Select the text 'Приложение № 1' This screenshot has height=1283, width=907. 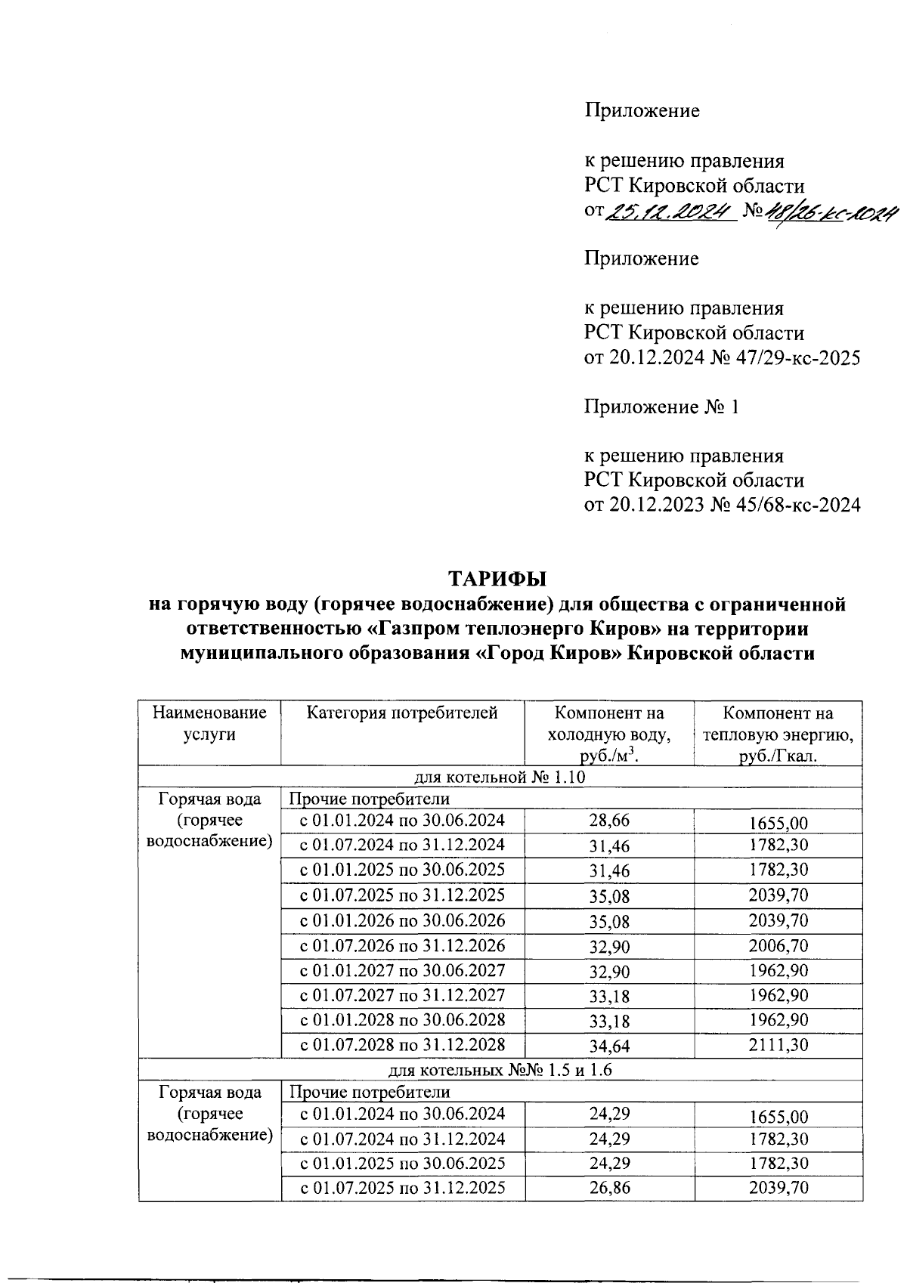(661, 407)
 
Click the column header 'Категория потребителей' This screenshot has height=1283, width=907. (402, 713)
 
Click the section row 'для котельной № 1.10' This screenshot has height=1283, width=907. (500, 778)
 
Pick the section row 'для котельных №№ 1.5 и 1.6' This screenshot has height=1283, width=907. (500, 1070)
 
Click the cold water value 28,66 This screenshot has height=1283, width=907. (609, 821)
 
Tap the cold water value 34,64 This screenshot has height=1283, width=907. (609, 1046)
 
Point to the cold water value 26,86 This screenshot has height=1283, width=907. (609, 1188)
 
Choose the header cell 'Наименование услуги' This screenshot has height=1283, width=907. (209, 723)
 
